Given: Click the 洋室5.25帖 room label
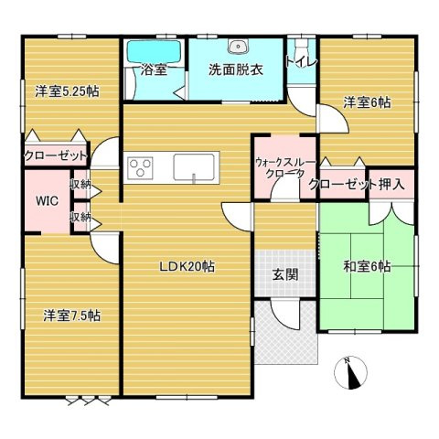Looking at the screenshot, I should [x=68, y=91].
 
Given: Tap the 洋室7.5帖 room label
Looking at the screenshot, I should [x=71, y=316].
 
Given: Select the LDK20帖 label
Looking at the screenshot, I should [x=187, y=267].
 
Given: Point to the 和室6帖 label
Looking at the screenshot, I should [x=367, y=267].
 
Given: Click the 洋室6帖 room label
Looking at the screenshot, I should [x=367, y=102].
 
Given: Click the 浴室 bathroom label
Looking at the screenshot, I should [x=153, y=70].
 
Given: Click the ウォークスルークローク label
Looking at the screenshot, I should [x=284, y=166].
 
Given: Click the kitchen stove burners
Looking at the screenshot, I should [x=142, y=167].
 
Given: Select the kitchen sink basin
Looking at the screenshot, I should [x=194, y=168].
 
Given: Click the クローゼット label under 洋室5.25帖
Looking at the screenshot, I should [x=55, y=156].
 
